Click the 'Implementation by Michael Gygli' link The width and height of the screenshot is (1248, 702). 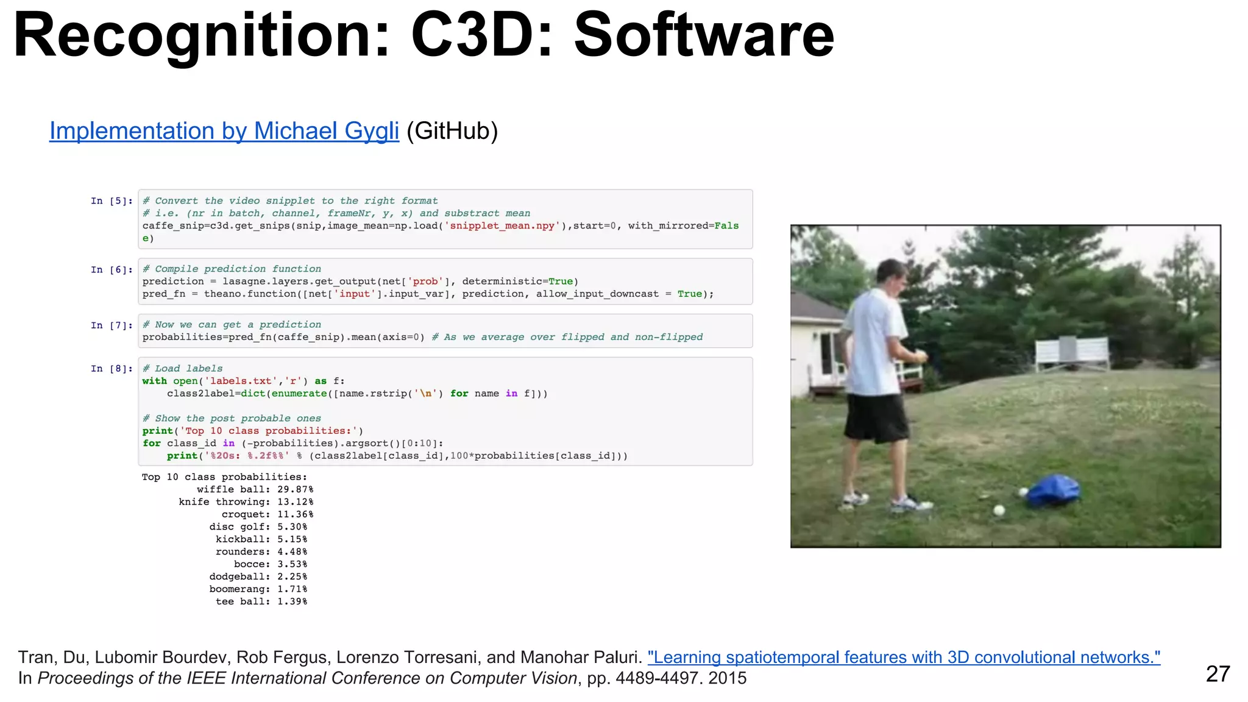coord(224,131)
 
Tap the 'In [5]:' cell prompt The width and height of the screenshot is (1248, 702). coord(112,201)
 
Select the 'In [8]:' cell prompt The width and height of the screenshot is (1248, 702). coord(112,369)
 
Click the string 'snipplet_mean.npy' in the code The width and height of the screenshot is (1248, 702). coord(502,226)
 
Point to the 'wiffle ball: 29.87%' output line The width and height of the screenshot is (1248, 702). coord(255,490)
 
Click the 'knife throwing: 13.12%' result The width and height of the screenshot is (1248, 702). coord(246,502)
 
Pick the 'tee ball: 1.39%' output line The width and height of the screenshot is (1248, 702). coord(261,602)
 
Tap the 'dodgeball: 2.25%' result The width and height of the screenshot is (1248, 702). coord(258,577)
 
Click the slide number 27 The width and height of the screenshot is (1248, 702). coord(1218,674)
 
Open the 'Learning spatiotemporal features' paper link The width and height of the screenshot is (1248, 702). coord(904,658)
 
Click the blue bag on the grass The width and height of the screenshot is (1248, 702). coord(1052,491)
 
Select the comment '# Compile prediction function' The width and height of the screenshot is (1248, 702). coord(232,269)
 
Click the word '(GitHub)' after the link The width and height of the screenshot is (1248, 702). coord(452,131)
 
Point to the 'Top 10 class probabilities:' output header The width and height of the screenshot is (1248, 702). coord(224,477)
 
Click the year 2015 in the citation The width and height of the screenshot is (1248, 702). coord(727,678)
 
